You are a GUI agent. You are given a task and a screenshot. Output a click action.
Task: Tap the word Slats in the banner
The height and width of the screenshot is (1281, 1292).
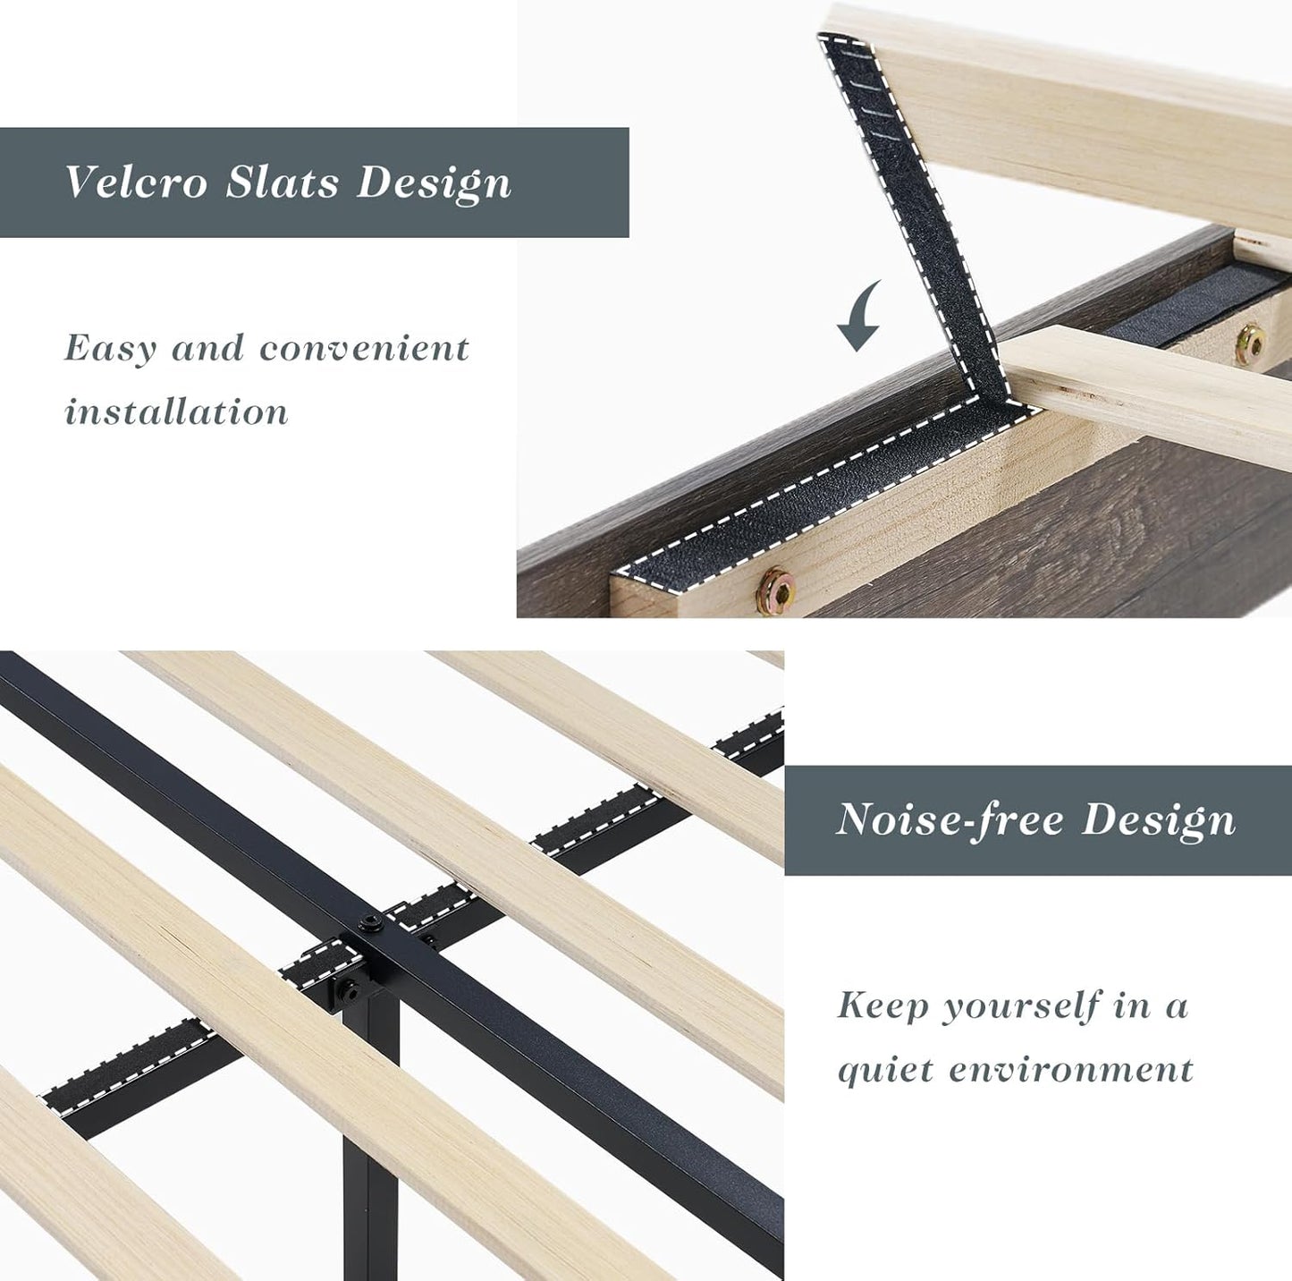[283, 182]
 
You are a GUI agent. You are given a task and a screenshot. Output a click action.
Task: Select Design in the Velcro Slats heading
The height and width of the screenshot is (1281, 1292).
[434, 184]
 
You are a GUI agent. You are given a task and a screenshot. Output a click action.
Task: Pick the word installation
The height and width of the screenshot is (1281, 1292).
[176, 412]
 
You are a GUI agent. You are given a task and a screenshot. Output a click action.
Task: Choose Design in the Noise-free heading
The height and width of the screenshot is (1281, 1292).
[1159, 819]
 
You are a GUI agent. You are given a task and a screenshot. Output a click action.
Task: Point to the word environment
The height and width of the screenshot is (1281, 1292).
[1071, 1070]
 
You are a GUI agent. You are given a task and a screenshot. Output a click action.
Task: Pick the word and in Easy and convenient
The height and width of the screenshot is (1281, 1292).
[207, 349]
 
